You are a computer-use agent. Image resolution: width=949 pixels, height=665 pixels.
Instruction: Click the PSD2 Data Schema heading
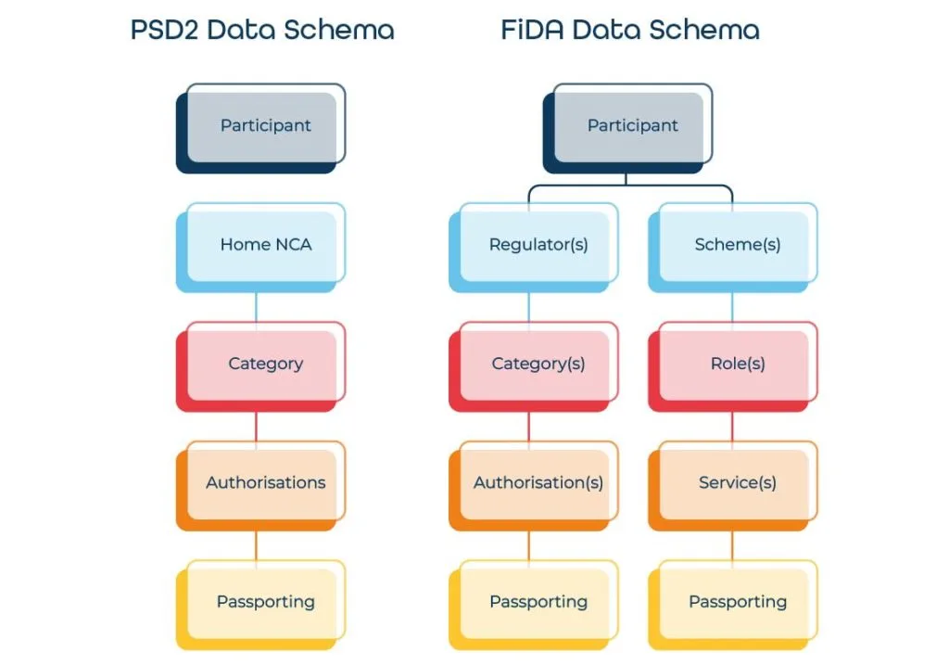click(262, 30)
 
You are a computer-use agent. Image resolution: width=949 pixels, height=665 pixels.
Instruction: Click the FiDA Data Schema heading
click(630, 30)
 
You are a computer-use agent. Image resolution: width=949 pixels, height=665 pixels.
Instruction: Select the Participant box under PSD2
click(265, 125)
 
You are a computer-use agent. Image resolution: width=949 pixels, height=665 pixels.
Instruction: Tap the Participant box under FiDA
click(632, 125)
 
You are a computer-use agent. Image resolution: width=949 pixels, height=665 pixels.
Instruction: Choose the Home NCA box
click(265, 245)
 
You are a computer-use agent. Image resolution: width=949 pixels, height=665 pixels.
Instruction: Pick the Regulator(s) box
click(538, 245)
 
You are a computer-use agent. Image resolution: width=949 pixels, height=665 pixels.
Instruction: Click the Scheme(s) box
click(737, 245)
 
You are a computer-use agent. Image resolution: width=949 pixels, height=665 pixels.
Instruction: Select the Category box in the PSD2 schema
click(265, 364)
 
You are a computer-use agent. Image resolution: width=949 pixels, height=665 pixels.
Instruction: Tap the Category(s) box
click(538, 364)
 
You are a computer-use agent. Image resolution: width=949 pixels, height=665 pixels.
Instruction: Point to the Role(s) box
click(737, 364)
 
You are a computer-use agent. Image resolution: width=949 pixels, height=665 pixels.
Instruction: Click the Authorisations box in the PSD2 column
click(265, 482)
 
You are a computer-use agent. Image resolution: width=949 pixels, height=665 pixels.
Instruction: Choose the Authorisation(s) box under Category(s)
click(538, 482)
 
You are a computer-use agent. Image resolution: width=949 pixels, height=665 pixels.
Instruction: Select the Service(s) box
click(737, 482)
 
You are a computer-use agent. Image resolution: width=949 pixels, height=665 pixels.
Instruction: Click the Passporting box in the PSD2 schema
click(265, 602)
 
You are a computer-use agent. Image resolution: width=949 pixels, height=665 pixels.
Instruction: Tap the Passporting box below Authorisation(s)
click(538, 602)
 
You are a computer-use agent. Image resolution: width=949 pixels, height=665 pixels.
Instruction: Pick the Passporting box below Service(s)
click(737, 602)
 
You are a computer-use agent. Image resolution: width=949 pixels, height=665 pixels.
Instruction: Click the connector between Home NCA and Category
click(256, 307)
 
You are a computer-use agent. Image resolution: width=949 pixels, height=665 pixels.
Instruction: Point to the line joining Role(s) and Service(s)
click(732, 426)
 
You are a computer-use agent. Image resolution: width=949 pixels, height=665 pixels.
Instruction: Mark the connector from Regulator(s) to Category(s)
click(529, 307)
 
